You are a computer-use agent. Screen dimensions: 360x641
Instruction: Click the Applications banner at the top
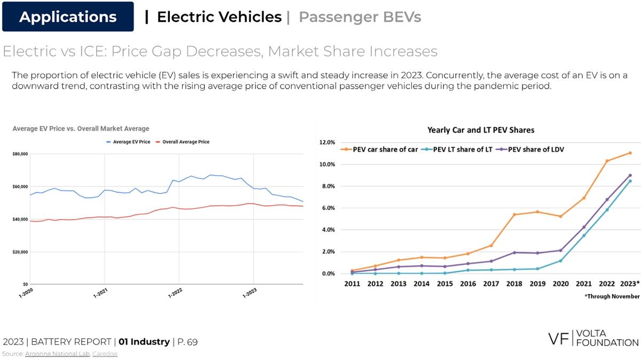pos(68,17)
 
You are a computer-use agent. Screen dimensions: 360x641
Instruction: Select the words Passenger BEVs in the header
pos(359,17)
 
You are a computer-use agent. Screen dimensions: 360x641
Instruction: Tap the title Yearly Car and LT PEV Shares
pos(481,130)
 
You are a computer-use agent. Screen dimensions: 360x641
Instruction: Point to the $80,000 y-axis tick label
pos(20,154)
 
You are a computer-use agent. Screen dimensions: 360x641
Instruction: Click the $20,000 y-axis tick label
pos(20,252)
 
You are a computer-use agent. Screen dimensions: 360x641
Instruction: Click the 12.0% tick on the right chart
pos(326,143)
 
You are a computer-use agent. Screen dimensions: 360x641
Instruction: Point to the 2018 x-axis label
pos(514,284)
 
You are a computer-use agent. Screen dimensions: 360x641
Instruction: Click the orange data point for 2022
pos(607,161)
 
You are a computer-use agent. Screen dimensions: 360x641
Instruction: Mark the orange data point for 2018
pos(514,215)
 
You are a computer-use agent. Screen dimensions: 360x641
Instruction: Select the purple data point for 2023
pos(630,175)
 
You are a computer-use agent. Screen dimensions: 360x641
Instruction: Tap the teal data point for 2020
pos(561,261)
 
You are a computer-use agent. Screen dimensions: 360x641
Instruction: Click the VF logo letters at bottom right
pos(559,338)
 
